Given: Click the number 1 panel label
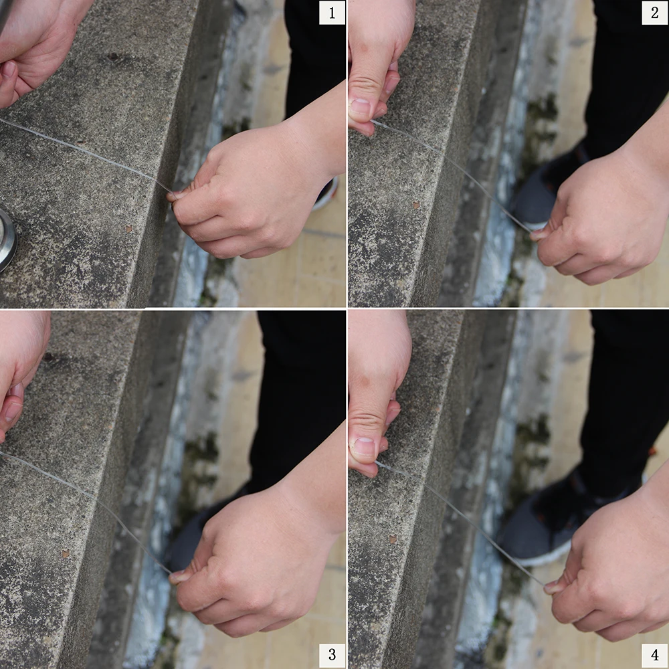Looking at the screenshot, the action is click(332, 13).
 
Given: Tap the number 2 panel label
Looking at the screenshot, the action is click(654, 13).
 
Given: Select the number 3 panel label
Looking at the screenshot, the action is click(332, 654).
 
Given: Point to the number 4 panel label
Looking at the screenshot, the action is click(654, 654).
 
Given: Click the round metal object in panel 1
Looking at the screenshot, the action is click(7, 239).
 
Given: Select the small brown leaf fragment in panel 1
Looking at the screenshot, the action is click(128, 229).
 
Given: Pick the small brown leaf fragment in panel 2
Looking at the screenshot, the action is click(415, 205).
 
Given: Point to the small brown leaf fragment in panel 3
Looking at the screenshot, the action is click(66, 554).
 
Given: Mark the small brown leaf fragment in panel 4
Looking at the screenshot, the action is click(393, 539).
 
